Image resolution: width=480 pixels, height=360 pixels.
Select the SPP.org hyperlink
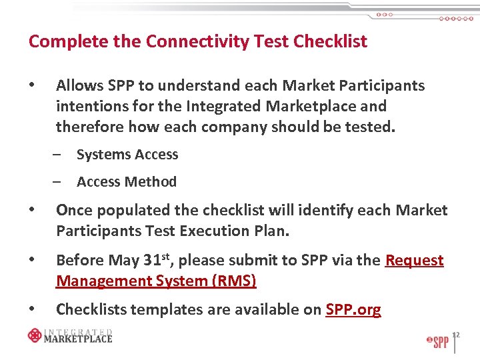[x=353, y=309]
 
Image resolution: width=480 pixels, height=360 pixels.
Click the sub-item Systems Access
[x=127, y=155]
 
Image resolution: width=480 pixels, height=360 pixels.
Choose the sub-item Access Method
[x=127, y=182]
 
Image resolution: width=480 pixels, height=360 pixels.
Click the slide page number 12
[x=457, y=335]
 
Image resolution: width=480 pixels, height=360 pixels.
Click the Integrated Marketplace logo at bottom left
[x=70, y=335]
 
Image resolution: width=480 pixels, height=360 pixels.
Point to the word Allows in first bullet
[x=79, y=86]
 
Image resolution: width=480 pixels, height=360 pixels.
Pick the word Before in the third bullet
[x=79, y=260]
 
